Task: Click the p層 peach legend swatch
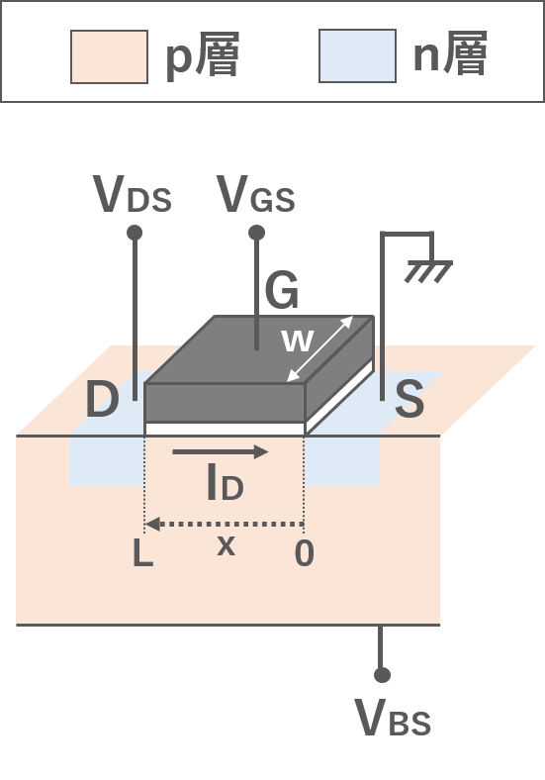(x=110, y=56)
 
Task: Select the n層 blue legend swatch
(x=357, y=55)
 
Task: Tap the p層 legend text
(x=203, y=54)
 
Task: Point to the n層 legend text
(x=450, y=52)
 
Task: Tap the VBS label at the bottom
(x=393, y=718)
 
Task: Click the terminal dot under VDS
(x=135, y=233)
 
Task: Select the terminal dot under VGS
(x=256, y=233)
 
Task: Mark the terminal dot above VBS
(x=382, y=675)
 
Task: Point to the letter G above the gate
(x=282, y=290)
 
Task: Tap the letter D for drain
(x=103, y=399)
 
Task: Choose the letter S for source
(x=409, y=399)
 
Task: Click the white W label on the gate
(x=298, y=341)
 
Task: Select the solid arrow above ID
(x=221, y=451)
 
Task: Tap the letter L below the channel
(x=143, y=553)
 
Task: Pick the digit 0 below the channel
(x=305, y=553)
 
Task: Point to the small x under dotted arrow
(x=227, y=546)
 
